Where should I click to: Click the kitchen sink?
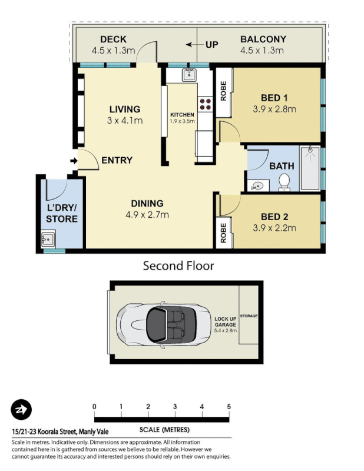[188, 75]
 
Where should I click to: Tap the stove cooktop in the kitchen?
[206, 104]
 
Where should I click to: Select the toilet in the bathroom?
[284, 182]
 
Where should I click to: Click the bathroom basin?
[257, 185]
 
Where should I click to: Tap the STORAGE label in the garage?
[249, 316]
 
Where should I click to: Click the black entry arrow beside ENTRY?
[74, 160]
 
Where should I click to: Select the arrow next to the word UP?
[192, 44]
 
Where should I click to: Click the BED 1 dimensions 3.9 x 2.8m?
[274, 109]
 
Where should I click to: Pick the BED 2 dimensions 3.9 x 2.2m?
[274, 228]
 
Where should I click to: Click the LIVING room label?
[124, 110]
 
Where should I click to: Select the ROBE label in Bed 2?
[224, 232]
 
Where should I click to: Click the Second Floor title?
[178, 266]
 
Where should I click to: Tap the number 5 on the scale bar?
[229, 407]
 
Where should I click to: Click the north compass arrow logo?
[22, 410]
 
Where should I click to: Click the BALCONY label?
[263, 39]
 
